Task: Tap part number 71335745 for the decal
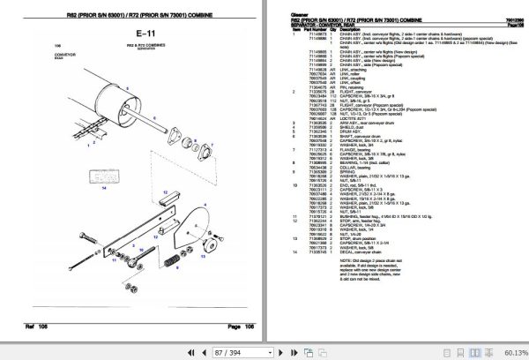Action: (x=315, y=252)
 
